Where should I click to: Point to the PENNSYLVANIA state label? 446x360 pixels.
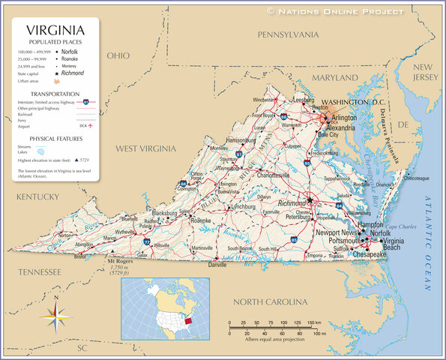coord(288,34)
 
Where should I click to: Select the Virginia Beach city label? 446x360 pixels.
coord(394,244)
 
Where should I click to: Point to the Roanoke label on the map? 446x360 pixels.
coord(201,221)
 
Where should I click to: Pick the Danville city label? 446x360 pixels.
coord(217,265)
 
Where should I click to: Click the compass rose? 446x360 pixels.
coord(56,317)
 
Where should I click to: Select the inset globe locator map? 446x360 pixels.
coord(166,308)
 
